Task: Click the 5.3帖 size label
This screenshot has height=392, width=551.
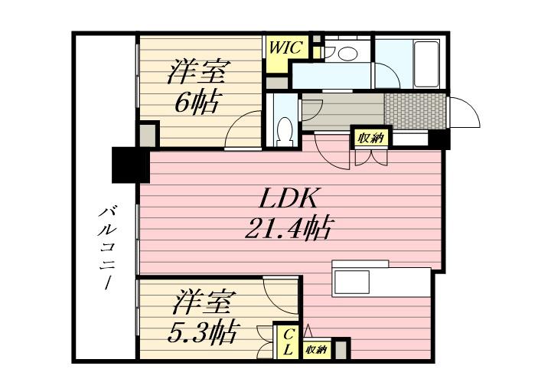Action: pyautogui.click(x=201, y=332)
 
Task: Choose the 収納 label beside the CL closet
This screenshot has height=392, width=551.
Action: pyautogui.click(x=316, y=350)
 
